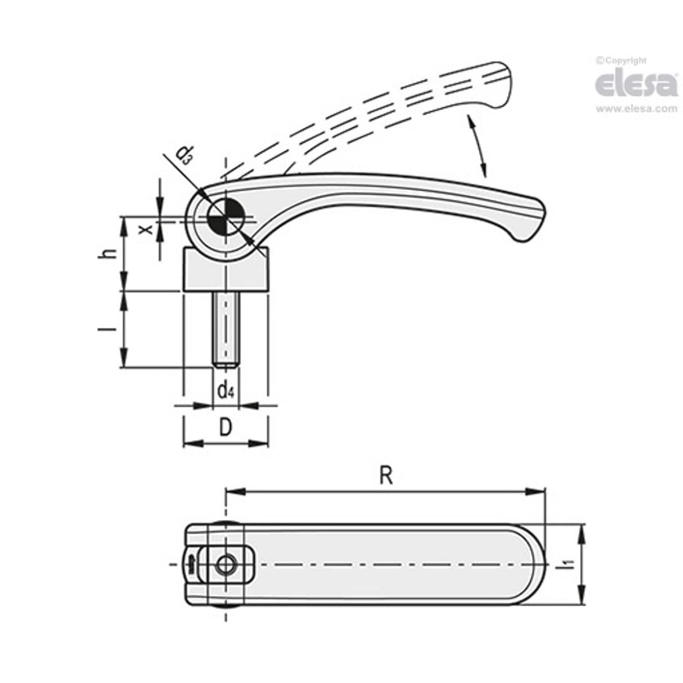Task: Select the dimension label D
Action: [x=225, y=428]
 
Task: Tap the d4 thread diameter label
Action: [x=226, y=389]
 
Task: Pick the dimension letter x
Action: [x=146, y=229]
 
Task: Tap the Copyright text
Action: [x=621, y=60]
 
